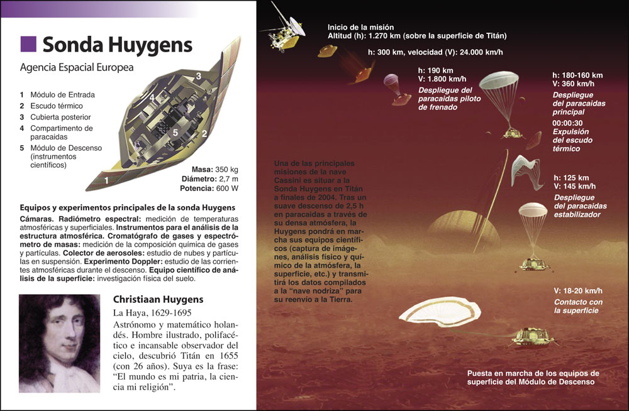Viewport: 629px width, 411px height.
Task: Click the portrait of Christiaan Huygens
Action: (x=59, y=343)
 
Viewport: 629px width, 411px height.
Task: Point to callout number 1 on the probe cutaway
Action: (x=106, y=180)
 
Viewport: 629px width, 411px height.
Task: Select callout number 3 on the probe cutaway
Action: (x=198, y=75)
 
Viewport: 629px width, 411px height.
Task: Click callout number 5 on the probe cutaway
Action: (x=176, y=132)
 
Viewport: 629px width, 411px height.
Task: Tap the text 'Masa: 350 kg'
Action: (x=214, y=170)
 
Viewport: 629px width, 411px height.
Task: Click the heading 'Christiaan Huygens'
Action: (x=159, y=299)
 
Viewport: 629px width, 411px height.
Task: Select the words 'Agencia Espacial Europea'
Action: (x=77, y=67)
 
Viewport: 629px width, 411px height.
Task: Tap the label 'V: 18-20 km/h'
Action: (x=577, y=290)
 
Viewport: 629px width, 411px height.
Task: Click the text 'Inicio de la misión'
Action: (x=360, y=27)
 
